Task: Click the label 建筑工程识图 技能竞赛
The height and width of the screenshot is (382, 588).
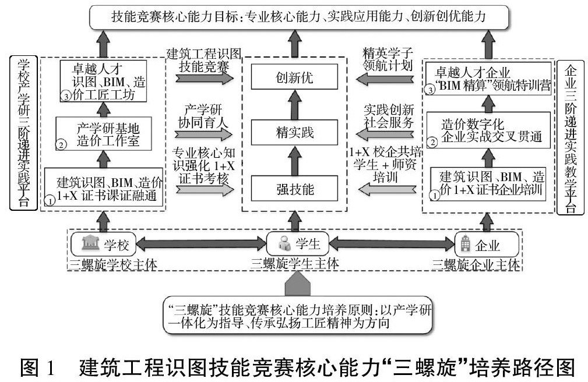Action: [202, 60]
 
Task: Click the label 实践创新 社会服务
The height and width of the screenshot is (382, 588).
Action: [388, 116]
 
